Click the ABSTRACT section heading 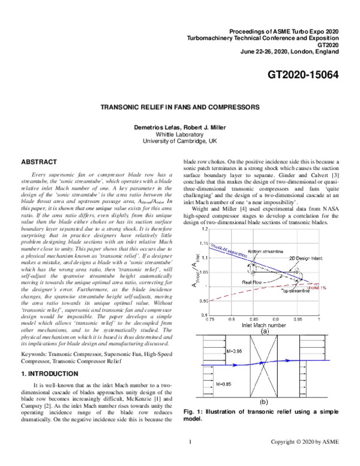pyautogui.click(x=39, y=163)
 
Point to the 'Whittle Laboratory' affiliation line pyautogui.click(x=180, y=135)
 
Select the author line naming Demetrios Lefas pyautogui.click(x=180, y=127)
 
